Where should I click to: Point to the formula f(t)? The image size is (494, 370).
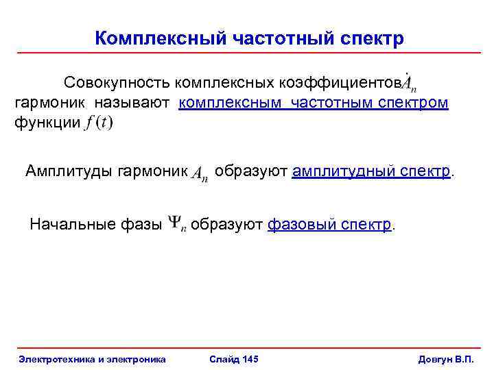click(x=98, y=124)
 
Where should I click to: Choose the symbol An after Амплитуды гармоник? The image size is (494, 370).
click(x=200, y=173)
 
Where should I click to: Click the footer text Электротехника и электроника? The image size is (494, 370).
click(x=92, y=359)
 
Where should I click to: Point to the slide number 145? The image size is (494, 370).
click(x=250, y=359)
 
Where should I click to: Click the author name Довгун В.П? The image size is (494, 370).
click(x=446, y=359)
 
